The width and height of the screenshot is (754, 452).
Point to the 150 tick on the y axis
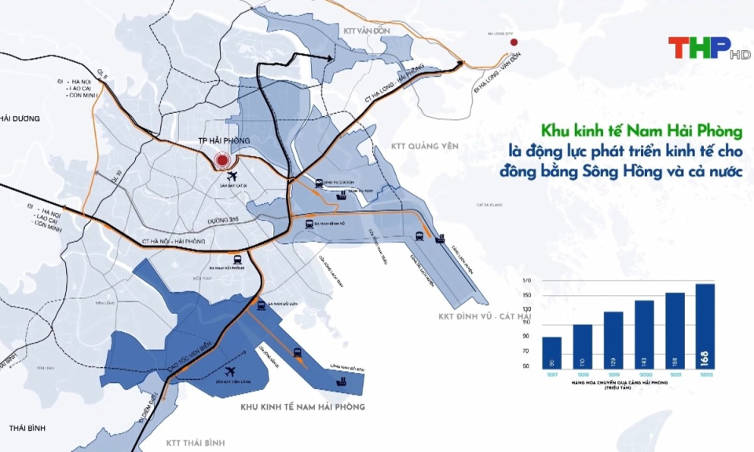527,295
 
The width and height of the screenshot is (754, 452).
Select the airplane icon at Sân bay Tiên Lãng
231,372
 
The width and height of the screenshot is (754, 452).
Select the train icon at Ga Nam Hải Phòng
236,258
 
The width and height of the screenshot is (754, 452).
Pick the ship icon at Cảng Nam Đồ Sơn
342,381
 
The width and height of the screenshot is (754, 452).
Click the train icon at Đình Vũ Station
319,183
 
